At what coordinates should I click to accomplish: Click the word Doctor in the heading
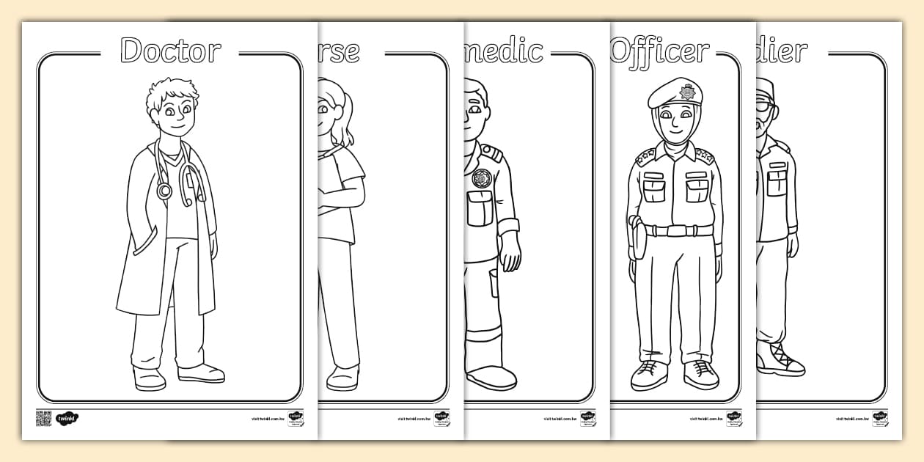point(170,51)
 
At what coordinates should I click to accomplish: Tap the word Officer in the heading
point(660,51)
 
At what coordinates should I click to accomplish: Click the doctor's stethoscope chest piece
point(164,191)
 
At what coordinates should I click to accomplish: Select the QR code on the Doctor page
point(44,419)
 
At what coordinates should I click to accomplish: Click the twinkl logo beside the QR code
point(67,419)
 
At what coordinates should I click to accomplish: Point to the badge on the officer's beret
point(687,92)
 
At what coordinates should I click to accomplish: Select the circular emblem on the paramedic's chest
point(482,178)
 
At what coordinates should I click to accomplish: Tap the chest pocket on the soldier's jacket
point(777,180)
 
